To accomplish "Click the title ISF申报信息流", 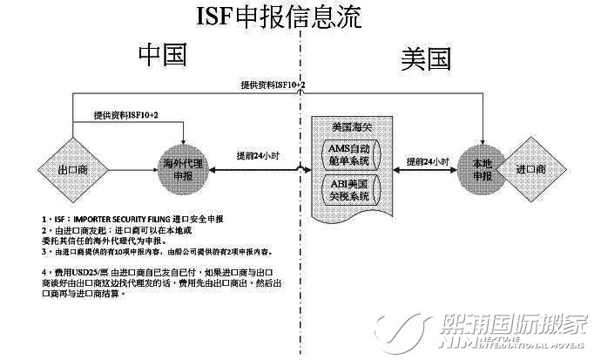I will coord(278,17).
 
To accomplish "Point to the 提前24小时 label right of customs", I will coord(427,162).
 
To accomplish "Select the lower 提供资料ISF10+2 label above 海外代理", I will coord(127,115).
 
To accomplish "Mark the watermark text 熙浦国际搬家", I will coord(514,324).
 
